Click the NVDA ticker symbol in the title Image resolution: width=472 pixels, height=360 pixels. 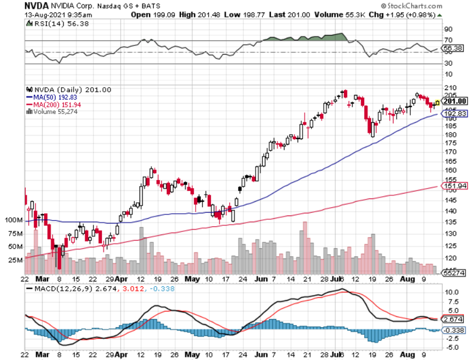(x=36, y=6)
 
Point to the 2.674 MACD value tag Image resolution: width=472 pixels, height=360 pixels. (x=453, y=320)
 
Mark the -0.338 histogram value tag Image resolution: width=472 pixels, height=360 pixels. (x=453, y=330)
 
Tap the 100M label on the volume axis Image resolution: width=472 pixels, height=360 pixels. (x=13, y=220)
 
